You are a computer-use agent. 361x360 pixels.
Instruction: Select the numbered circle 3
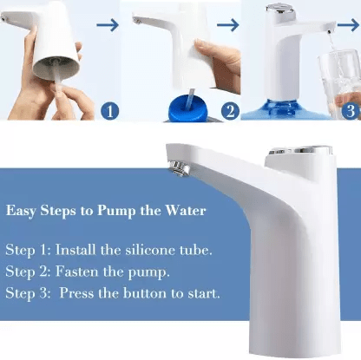point(350,110)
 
